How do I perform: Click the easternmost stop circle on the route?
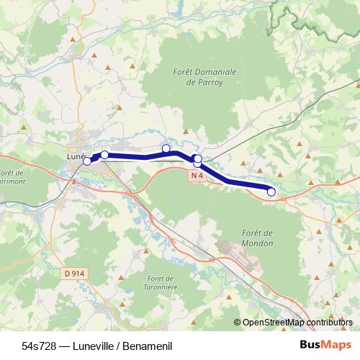tap(271, 192)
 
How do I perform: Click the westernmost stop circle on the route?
tap(87, 161)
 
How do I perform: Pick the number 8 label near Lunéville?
tap(73, 182)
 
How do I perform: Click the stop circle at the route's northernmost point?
tap(166, 149)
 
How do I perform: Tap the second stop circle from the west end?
tap(104, 155)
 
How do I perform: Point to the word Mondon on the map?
tap(258, 243)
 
